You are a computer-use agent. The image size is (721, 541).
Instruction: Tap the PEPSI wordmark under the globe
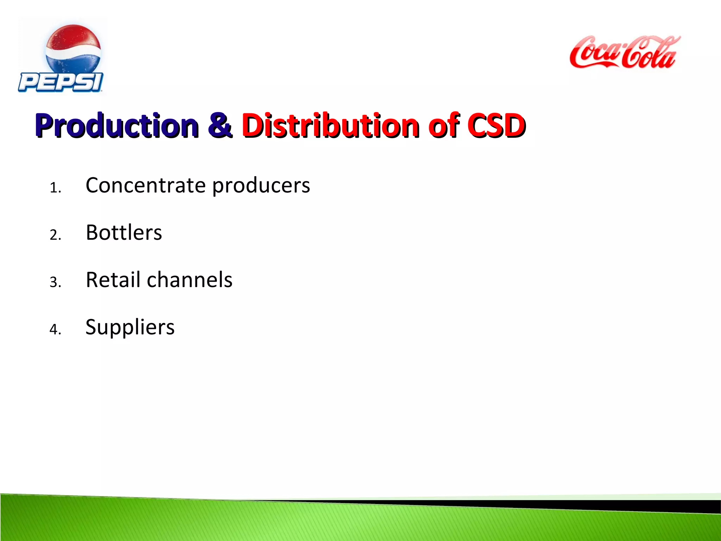[61, 82]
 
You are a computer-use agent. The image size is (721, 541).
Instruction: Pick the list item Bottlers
[124, 232]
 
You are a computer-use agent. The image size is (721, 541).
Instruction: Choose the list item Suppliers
[130, 328]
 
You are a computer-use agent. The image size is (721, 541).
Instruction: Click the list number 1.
[55, 188]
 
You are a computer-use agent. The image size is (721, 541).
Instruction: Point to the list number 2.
[55, 235]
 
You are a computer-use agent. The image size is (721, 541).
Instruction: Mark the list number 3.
[55, 282]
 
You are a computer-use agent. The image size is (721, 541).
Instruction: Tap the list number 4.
[55, 329]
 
